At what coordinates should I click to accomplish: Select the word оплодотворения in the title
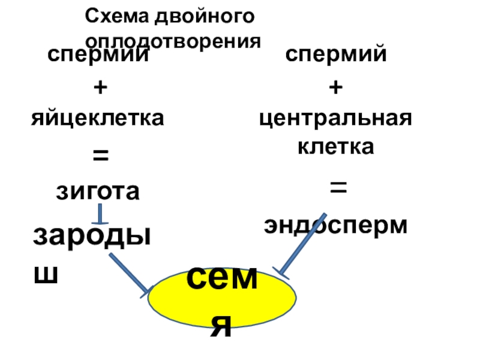[x=174, y=41]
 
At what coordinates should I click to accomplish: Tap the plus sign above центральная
[x=336, y=88]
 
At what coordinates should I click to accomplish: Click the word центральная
[x=336, y=119]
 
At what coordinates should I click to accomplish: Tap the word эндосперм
[x=336, y=226]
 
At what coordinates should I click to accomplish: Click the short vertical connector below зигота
[x=100, y=214]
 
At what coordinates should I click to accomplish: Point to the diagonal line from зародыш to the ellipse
[x=128, y=273]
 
